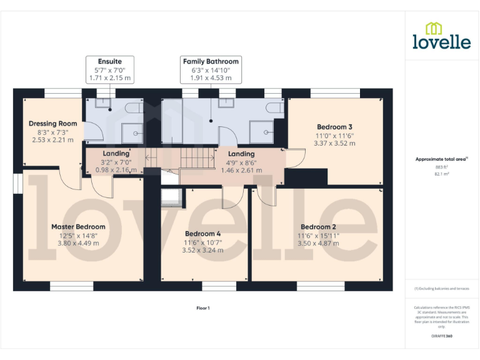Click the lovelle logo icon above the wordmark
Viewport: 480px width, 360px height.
coord(434,29)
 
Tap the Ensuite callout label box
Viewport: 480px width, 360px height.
coord(109,70)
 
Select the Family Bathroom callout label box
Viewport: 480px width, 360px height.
coord(211,70)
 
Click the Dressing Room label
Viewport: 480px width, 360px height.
coord(53,124)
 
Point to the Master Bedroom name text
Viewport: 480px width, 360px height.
coord(78,227)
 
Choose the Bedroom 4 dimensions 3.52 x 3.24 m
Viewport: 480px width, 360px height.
coord(202,250)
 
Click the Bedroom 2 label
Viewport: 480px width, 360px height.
coord(318,227)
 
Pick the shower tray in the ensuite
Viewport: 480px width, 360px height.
coord(132,133)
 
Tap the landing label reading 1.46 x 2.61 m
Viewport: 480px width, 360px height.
coord(241,169)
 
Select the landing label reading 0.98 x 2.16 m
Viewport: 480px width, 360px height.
coord(116,169)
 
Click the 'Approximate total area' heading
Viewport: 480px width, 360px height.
coord(441,159)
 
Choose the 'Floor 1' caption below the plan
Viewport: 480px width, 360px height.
coord(203,307)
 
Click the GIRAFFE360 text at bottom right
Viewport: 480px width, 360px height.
coord(441,336)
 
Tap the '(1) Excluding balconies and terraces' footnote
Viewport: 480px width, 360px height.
coord(441,289)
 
